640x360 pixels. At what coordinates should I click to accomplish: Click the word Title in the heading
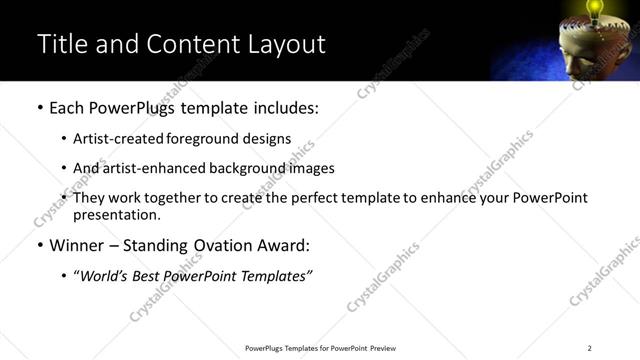click(60, 44)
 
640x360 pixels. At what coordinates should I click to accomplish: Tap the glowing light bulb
click(596, 9)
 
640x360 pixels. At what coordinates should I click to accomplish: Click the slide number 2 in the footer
click(589, 348)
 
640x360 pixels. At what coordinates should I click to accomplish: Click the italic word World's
click(103, 275)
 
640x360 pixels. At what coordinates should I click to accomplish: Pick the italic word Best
click(148, 275)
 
